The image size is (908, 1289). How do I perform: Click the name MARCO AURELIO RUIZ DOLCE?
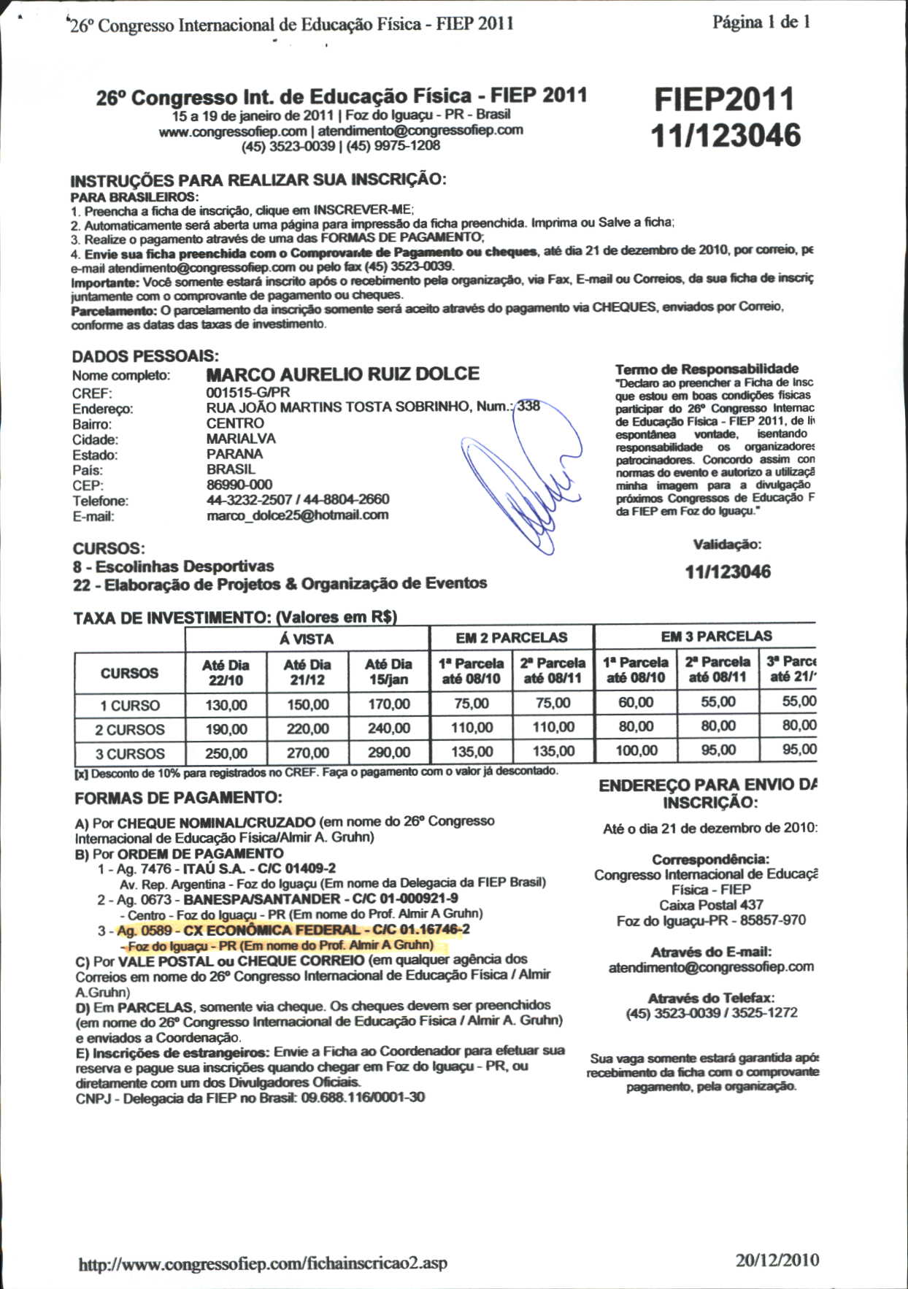pyautogui.click(x=342, y=374)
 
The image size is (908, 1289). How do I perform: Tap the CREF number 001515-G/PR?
pyautogui.click(x=247, y=392)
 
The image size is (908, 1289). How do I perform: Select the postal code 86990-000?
pyautogui.click(x=239, y=485)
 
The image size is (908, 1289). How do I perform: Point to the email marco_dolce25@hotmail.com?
pyautogui.click(x=297, y=515)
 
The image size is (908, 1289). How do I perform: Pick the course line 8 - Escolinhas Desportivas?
pyautogui.click(x=173, y=566)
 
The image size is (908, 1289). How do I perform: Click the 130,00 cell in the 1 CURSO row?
pyautogui.click(x=226, y=705)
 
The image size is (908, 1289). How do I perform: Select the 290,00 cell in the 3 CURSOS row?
pyautogui.click(x=388, y=753)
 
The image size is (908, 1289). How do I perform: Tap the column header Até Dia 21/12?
pyautogui.click(x=307, y=672)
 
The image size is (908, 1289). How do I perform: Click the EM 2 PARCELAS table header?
pyautogui.click(x=511, y=638)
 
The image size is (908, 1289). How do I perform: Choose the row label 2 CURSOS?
pyautogui.click(x=129, y=730)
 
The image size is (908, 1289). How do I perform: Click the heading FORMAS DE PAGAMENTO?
pyautogui.click(x=178, y=798)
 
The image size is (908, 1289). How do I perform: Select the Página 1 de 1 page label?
pyautogui.click(x=761, y=23)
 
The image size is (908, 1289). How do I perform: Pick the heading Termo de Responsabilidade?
pyautogui.click(x=707, y=369)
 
